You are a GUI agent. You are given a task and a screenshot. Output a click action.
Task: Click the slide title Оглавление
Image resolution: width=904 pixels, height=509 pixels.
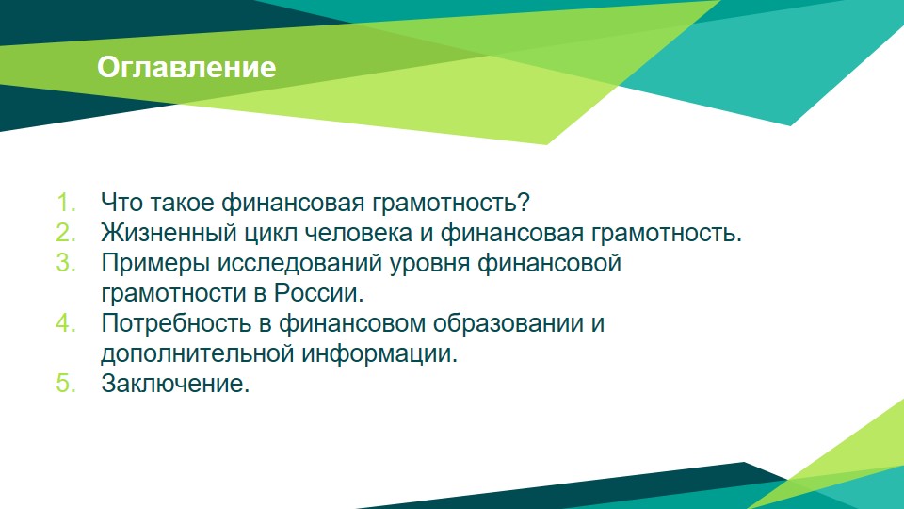[186, 67]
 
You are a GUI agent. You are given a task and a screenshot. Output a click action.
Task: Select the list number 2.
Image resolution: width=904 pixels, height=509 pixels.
[66, 233]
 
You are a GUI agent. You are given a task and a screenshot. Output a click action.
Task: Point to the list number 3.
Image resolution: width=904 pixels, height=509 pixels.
[66, 263]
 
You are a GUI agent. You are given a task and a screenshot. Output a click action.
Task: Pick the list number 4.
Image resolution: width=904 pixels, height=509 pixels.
[66, 322]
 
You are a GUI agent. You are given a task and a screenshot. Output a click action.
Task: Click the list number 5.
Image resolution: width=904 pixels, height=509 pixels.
[66, 384]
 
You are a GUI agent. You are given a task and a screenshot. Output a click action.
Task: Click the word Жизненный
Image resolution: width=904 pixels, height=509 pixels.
[169, 233]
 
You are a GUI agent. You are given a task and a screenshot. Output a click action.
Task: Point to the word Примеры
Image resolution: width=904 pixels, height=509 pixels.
[155, 264]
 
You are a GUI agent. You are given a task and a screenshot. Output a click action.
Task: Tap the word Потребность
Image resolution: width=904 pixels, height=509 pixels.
[176, 323]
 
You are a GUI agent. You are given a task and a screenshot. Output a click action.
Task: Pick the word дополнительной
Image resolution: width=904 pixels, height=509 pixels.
[198, 353]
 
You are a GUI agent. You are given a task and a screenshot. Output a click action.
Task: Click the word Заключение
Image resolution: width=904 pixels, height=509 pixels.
[175, 384]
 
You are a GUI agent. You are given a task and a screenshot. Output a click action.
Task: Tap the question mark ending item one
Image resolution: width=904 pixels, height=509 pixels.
[524, 202]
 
